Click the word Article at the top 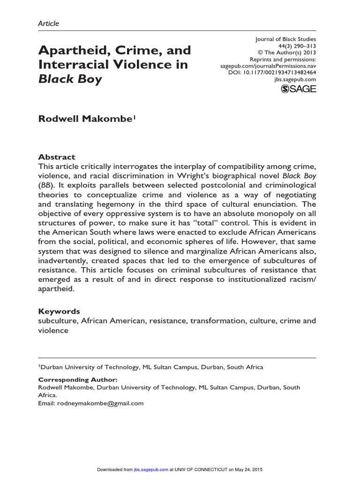coord(48,23)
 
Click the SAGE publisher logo coord(298,89)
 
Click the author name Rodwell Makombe coord(86,120)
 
